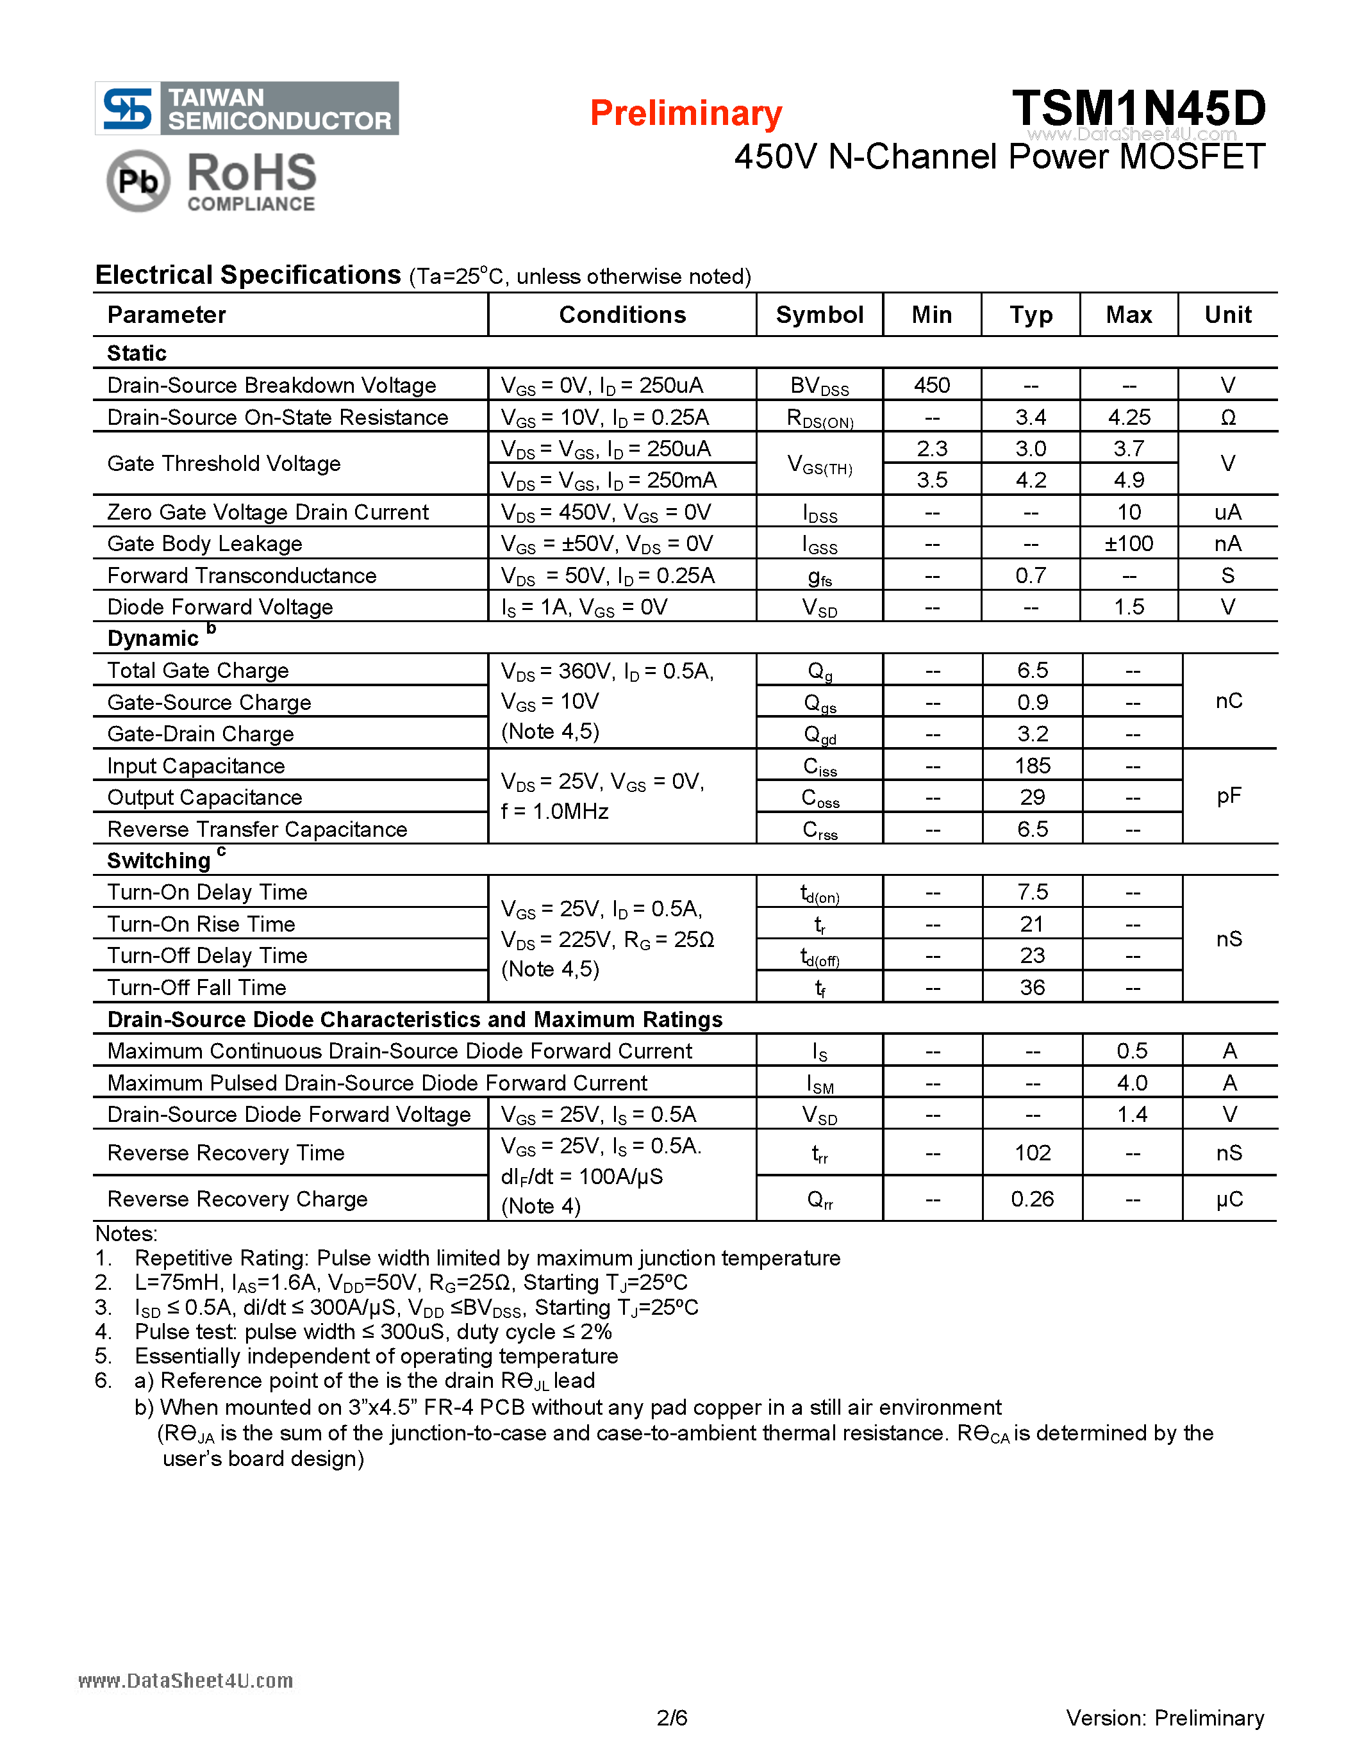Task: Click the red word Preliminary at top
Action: click(685, 113)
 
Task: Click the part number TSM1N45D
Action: click(1138, 108)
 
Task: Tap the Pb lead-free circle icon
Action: click(138, 181)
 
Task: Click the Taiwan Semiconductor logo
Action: click(247, 108)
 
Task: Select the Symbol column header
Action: click(819, 315)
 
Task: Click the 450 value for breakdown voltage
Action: click(931, 385)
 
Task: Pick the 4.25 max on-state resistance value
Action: click(1129, 417)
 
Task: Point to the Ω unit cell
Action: click(1227, 417)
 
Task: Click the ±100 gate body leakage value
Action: click(1129, 544)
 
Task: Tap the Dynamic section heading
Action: click(153, 638)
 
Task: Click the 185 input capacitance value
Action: click(1032, 766)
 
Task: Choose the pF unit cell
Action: click(1228, 796)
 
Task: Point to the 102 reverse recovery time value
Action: click(1032, 1153)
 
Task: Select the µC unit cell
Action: click(1228, 1199)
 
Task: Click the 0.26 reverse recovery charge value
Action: click(1032, 1199)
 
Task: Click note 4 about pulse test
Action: click(373, 1331)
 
